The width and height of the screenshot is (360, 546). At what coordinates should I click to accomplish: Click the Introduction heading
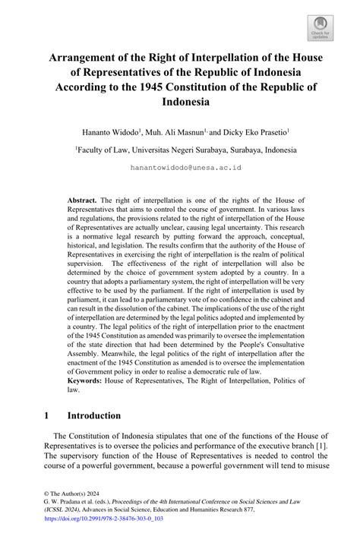pyautogui.click(x=93, y=415)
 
